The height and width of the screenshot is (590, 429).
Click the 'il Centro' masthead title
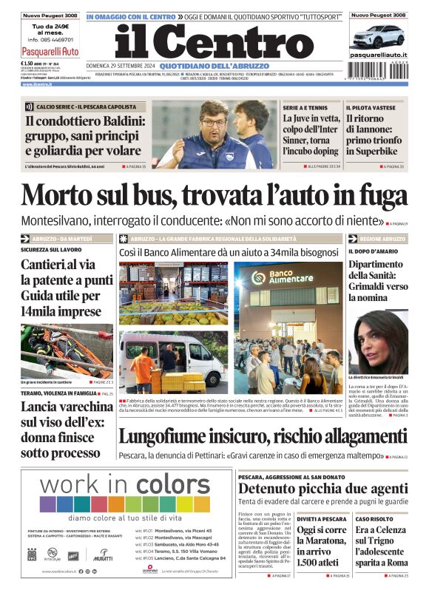(x=214, y=44)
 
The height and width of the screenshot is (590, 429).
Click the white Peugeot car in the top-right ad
(x=378, y=35)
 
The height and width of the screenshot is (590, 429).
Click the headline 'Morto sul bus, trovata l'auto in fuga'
(x=214, y=195)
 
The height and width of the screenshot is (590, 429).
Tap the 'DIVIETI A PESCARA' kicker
(x=322, y=519)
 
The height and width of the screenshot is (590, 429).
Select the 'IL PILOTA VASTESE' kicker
(x=374, y=108)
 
